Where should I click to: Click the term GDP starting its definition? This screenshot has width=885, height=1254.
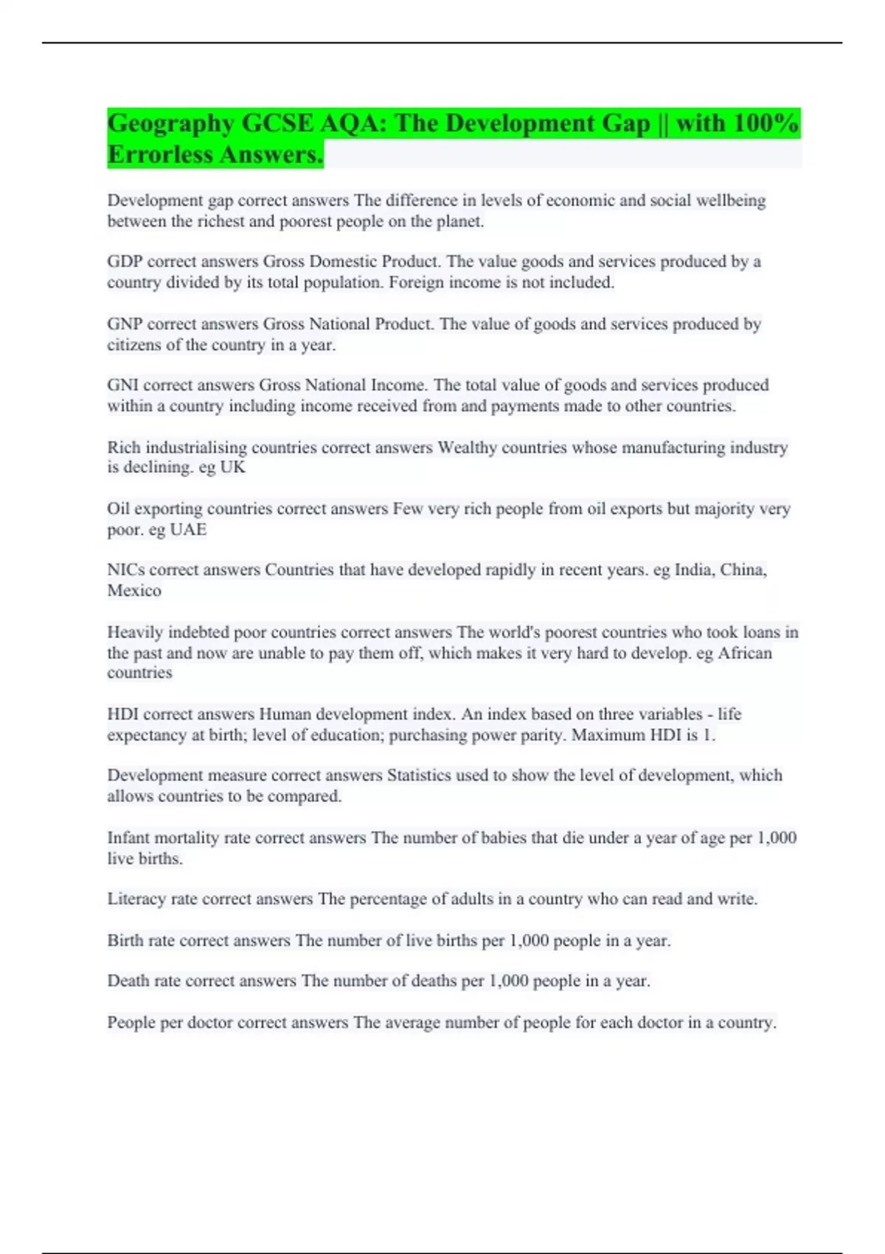coord(125,262)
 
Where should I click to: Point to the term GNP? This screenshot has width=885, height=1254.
coord(125,325)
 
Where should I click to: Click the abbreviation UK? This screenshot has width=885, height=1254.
coord(232,467)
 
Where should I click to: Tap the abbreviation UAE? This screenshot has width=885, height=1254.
coord(188,530)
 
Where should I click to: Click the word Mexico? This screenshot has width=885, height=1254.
coord(134,590)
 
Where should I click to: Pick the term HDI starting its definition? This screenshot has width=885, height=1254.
coord(122,714)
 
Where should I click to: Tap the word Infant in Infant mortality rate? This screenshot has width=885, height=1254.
coord(126,838)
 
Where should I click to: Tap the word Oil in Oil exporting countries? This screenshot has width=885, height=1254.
coord(118,509)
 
